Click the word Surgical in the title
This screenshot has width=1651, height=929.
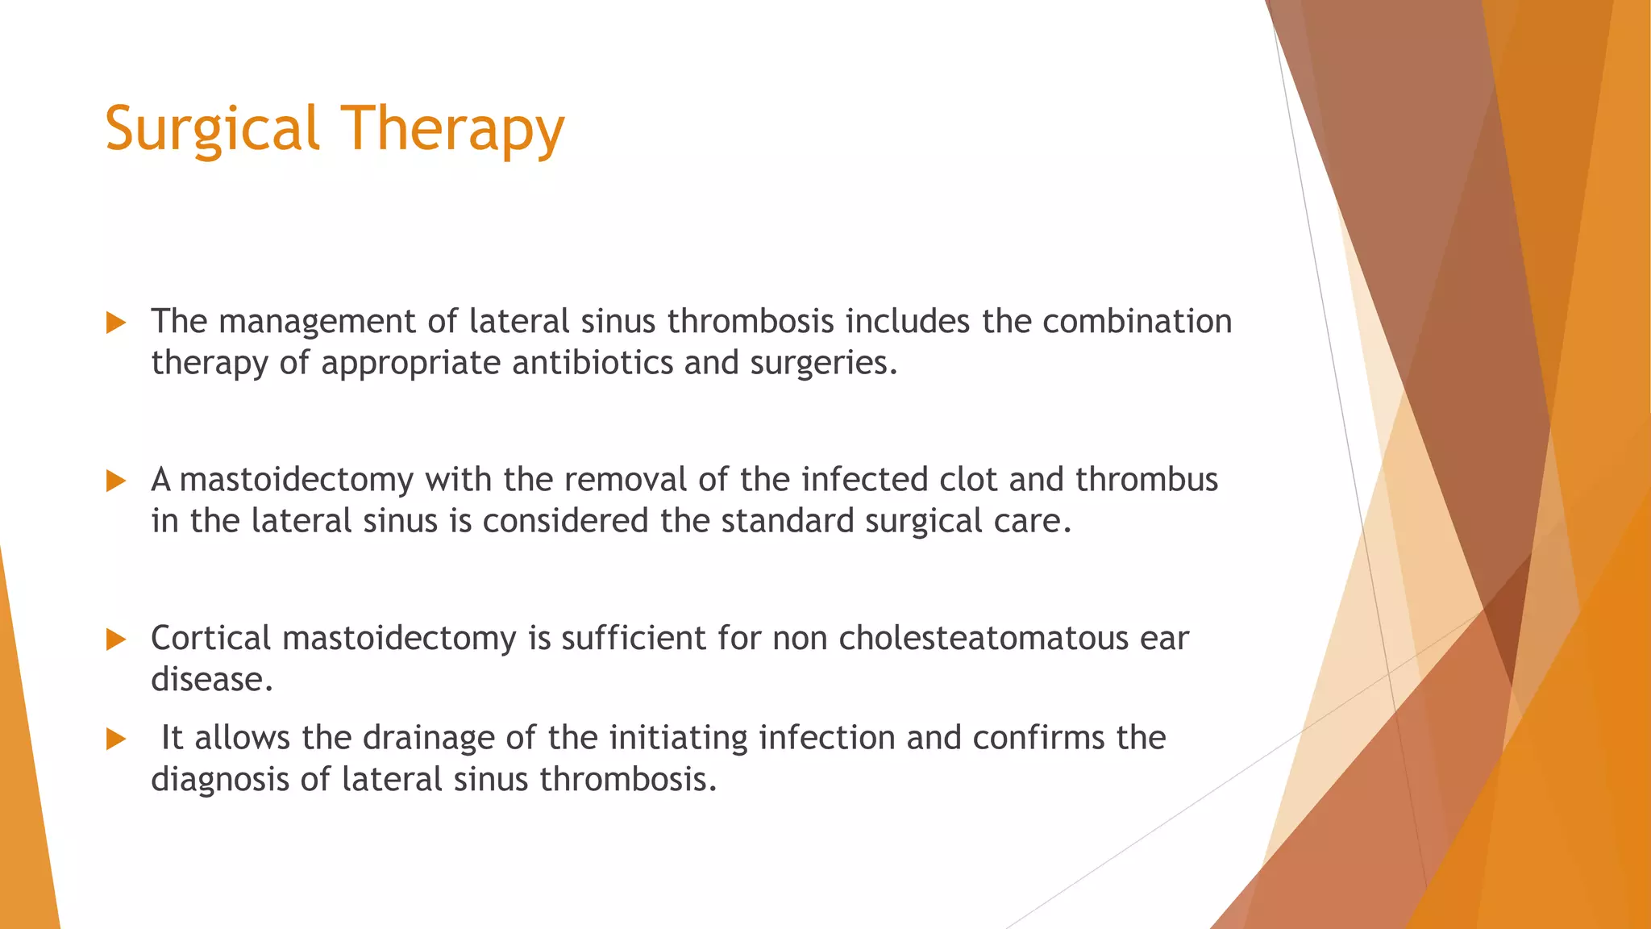[x=212, y=129]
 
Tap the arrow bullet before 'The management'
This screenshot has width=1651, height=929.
[x=116, y=323]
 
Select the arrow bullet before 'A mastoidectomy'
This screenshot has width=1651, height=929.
[x=116, y=481]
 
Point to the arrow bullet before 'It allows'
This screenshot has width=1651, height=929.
[x=116, y=739]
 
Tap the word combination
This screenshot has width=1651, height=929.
[x=1137, y=321]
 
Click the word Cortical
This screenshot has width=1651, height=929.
[x=210, y=638]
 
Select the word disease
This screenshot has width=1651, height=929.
[x=211, y=679]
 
